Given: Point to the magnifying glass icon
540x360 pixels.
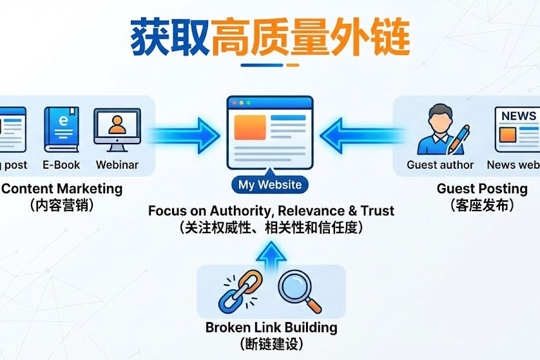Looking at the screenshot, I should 299,292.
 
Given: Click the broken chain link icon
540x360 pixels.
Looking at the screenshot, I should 240,292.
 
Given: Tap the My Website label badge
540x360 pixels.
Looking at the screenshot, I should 270,185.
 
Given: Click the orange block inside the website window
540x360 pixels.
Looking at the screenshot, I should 250,128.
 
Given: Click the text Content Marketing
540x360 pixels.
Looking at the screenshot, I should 62,189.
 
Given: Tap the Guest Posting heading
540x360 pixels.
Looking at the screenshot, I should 482,189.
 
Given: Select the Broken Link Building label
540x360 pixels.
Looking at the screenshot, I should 271,327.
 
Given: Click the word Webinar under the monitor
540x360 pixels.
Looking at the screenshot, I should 117,164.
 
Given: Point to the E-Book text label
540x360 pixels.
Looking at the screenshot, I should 61,164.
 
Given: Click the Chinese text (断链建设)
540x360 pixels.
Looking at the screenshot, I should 271,344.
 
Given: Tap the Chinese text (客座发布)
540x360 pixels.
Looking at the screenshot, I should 482,205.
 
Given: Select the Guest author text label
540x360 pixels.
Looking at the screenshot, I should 440,164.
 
